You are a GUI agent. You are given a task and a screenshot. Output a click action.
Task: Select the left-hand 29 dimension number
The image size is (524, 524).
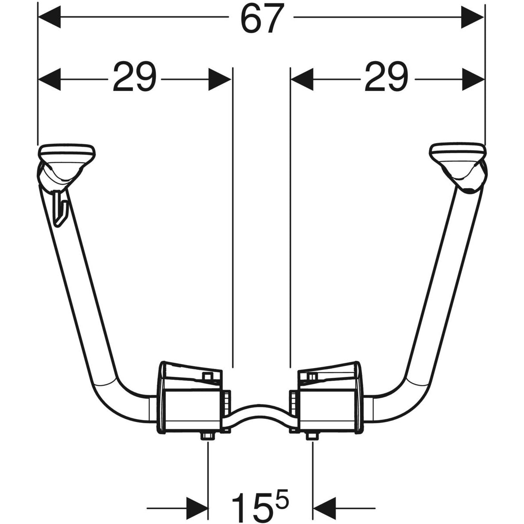(135, 77)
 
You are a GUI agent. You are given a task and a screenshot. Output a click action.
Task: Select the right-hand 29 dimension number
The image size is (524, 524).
(386, 77)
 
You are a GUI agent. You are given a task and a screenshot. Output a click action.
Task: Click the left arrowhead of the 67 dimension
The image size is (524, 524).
(49, 17)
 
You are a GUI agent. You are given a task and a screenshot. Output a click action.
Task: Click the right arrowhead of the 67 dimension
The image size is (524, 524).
(472, 17)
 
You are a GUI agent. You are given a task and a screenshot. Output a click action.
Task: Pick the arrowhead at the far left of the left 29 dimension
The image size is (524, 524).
(49, 79)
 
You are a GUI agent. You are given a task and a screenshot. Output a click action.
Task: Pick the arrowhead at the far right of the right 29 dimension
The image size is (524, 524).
(473, 79)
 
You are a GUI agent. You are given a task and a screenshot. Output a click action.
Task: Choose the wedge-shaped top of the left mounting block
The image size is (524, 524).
(191, 375)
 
